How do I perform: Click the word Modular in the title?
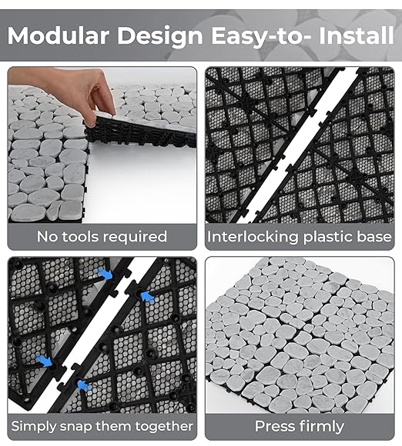click(59, 35)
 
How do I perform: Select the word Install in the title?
click(356, 35)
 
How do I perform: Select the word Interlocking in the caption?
click(253, 238)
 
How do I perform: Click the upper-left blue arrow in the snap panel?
click(105, 275)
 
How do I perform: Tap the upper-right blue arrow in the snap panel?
click(148, 298)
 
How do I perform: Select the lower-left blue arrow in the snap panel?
click(45, 361)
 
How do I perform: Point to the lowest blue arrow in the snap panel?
click(84, 386)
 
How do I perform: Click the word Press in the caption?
click(274, 426)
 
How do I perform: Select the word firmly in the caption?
click(320, 427)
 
